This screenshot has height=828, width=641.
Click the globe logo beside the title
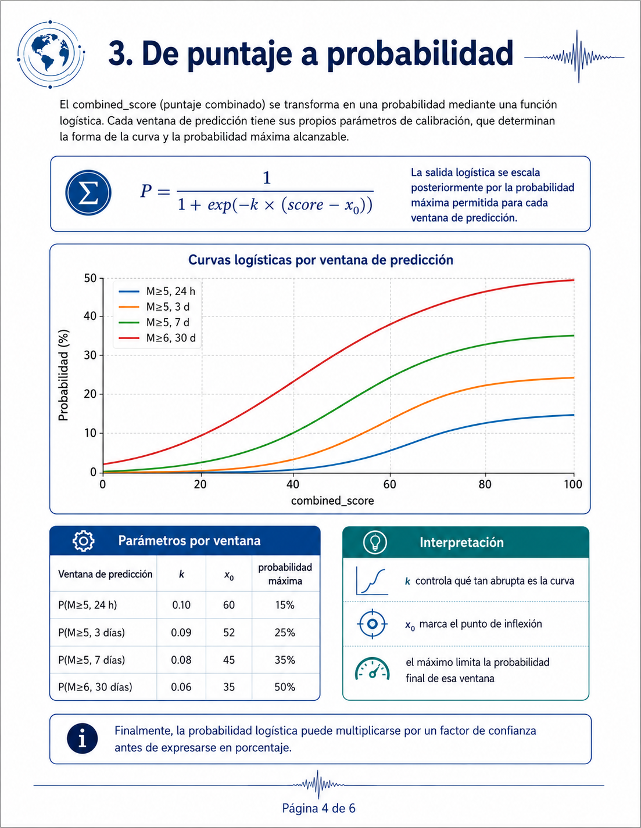coord(51,55)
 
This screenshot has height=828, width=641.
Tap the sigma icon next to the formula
coord(88,192)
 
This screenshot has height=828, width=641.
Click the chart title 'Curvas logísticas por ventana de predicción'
coord(321,260)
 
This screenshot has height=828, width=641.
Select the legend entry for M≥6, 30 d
coord(157,338)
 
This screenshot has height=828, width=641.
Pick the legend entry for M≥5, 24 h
coord(157,291)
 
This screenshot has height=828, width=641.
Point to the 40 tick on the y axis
coord(91,316)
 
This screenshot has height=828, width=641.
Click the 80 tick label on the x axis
coord(485,484)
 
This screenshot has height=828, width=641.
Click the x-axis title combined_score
coord(332,501)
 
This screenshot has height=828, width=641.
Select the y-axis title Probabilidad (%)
coord(63,375)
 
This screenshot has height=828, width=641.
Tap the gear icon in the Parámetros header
coord(84,541)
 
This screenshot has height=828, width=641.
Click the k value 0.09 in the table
coord(181,632)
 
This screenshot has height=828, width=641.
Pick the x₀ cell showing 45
coord(229,660)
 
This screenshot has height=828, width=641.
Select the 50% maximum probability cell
coord(285,687)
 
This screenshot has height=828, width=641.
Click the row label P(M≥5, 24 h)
coord(88,605)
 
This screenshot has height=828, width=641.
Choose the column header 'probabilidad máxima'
coord(285,574)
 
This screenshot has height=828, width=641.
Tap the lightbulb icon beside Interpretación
coord(375,542)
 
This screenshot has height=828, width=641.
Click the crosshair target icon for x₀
coord(373,624)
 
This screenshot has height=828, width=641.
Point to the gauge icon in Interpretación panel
coord(373,669)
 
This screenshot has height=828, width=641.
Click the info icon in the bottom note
coord(83,739)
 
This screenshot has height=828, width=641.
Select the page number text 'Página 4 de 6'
coord(319,808)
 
